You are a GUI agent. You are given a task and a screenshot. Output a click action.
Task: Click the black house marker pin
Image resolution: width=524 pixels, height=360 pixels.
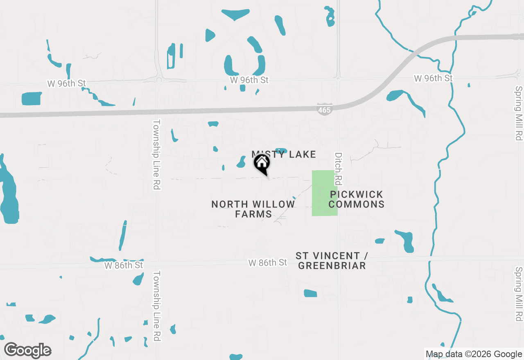[x=262, y=164]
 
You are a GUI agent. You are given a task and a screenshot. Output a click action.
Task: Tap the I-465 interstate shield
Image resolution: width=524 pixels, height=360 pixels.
[x=324, y=109]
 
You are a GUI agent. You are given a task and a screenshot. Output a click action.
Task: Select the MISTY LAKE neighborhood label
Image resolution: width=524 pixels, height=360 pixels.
[x=284, y=154]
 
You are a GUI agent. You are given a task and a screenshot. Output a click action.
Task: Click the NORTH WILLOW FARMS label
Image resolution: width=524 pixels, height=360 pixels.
[x=253, y=209]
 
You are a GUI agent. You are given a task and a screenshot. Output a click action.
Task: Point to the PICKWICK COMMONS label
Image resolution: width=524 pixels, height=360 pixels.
[x=356, y=199]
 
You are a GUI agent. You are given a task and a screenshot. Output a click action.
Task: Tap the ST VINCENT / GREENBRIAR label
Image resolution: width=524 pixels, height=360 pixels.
[x=332, y=261]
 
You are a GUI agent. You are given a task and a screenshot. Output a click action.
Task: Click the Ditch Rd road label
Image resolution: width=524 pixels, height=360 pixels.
[x=338, y=169]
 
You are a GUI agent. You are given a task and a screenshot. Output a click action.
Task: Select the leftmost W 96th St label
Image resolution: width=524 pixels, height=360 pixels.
[x=66, y=83]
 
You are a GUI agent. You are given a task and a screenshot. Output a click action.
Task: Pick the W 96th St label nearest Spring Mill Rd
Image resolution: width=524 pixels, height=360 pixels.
[x=433, y=78]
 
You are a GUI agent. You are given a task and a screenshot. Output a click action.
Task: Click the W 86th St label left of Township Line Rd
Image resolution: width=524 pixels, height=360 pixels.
[x=124, y=265]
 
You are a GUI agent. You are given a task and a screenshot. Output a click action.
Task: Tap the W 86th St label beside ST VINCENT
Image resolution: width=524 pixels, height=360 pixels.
[x=268, y=263]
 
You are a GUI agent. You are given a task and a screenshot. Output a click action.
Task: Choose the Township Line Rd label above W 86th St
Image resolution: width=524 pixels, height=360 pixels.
[x=156, y=154]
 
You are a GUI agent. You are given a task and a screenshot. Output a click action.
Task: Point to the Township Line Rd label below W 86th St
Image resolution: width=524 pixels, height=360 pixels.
[x=156, y=306]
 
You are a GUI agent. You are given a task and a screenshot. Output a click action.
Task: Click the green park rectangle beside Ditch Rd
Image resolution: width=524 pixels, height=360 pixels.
[x=325, y=193]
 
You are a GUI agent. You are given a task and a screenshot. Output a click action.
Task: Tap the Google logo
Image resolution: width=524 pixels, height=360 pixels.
[x=28, y=350]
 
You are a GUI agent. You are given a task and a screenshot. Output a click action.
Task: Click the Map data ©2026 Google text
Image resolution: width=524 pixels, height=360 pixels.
[x=474, y=354]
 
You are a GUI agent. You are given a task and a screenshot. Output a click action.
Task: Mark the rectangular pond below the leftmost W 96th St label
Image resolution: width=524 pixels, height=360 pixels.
[x=32, y=99]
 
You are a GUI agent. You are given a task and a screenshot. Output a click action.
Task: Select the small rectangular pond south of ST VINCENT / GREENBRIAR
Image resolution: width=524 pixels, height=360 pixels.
[x=310, y=293]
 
